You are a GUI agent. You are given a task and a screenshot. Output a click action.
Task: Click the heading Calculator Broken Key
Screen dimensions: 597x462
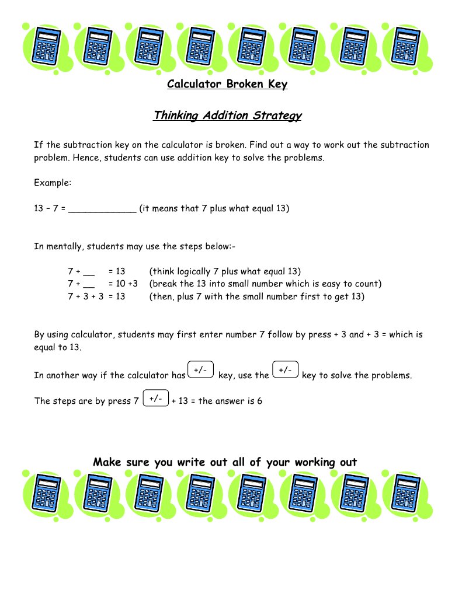[x=227, y=85]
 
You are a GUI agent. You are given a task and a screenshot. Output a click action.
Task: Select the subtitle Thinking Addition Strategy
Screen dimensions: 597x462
[x=227, y=116]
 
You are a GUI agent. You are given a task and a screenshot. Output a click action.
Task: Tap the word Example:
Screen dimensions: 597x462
[x=53, y=183]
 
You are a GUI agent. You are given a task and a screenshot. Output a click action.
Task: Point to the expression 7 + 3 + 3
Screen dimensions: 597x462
[x=85, y=296]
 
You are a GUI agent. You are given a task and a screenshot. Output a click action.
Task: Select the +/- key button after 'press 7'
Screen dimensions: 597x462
[x=156, y=399]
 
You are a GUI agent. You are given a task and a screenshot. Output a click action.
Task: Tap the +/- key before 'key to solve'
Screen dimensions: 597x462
[x=286, y=371]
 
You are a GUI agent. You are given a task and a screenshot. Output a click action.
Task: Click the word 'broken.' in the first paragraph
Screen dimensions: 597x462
[x=249, y=145]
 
